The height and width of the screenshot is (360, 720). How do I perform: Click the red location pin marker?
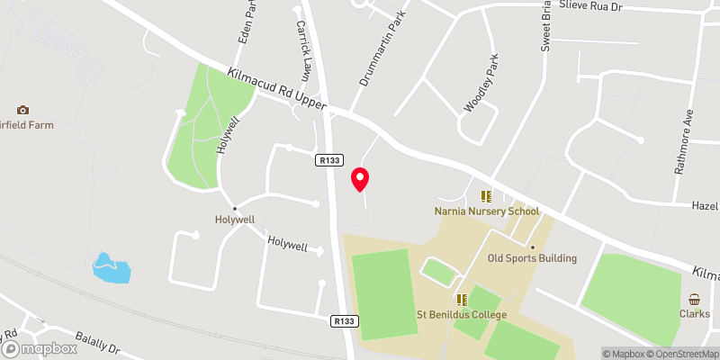point(360,179)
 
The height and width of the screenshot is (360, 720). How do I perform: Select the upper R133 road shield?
point(328,159)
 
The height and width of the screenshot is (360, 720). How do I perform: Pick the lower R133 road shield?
point(342,320)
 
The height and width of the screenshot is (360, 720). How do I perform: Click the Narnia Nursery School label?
point(486,211)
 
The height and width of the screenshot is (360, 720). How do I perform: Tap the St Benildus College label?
point(462,315)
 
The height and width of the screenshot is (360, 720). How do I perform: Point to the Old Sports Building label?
point(532,258)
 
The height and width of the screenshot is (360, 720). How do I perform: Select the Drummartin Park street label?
point(378,57)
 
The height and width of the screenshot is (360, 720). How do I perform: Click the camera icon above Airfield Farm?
point(22,109)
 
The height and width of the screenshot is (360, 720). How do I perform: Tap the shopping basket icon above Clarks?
point(695,300)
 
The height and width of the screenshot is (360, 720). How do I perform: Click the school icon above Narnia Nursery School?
point(486,196)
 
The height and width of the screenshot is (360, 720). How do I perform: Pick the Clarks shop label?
point(695,315)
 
